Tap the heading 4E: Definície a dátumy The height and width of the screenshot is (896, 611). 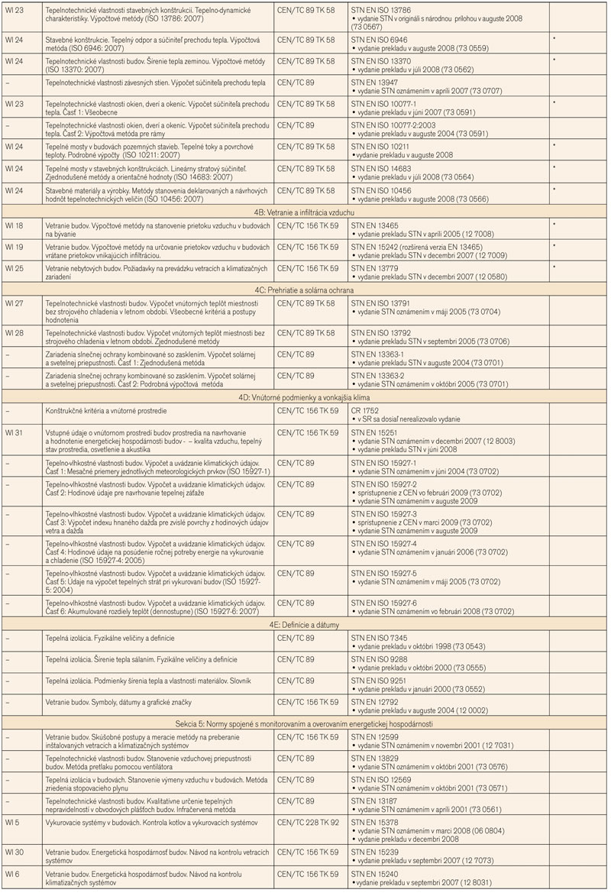(305, 624)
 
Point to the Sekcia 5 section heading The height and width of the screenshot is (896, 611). (305, 723)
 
